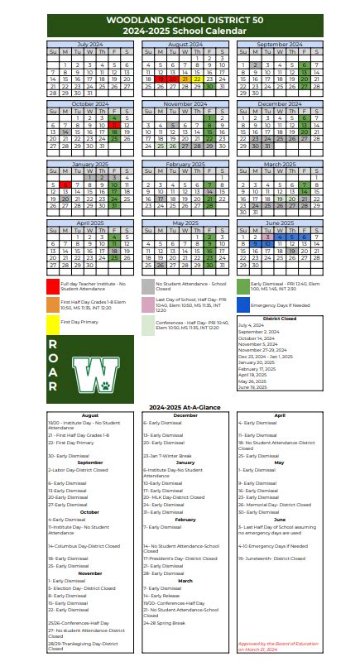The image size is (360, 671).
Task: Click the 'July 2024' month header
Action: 88,44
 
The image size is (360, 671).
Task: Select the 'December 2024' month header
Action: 279,104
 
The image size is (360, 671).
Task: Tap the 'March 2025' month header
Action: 279,164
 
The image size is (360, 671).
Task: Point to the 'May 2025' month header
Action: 185,223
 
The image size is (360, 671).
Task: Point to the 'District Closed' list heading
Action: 279,318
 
